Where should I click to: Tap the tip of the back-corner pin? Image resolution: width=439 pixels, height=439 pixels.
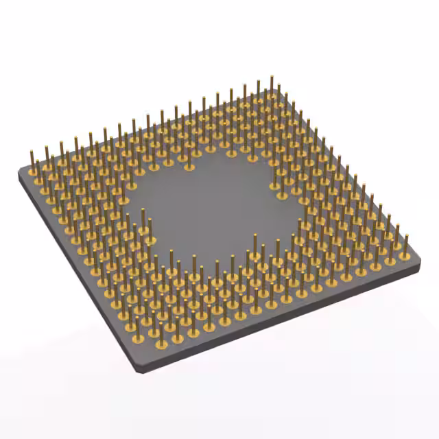[x=272, y=77]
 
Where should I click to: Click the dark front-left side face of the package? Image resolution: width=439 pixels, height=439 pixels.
[x=75, y=274]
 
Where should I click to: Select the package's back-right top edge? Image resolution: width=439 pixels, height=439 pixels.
[x=350, y=171]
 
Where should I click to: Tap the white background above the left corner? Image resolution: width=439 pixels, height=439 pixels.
[x=27, y=103]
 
